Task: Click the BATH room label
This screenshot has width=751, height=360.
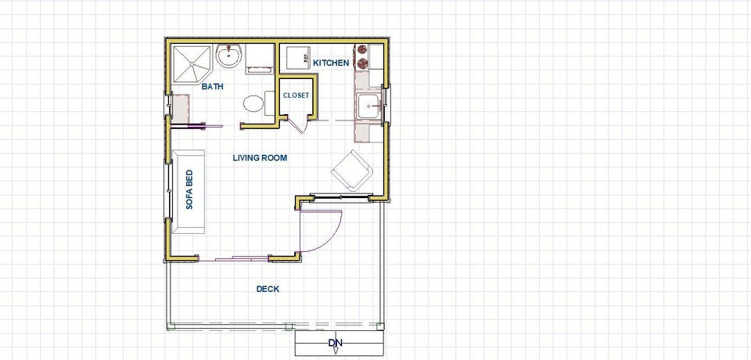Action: [x=212, y=87]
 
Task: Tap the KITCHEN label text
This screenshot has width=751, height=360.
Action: [x=331, y=63]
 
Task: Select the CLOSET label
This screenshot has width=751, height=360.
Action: [x=296, y=95]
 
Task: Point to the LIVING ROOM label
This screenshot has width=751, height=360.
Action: [x=260, y=158]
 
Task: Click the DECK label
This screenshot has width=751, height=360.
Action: [x=268, y=289]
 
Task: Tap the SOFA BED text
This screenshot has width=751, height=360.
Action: [x=189, y=190]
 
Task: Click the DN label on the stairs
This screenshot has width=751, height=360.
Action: [x=335, y=343]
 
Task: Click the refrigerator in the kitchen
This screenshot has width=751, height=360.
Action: [x=297, y=59]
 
